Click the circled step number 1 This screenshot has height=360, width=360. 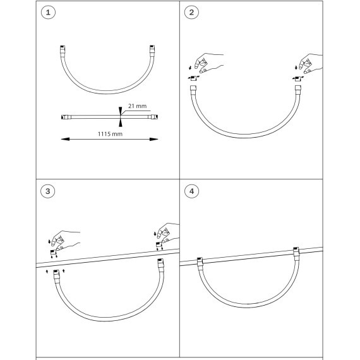[x=48, y=13]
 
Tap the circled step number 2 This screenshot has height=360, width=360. [x=191, y=13]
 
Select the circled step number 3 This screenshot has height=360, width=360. [x=48, y=191]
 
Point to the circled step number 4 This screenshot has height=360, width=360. [x=192, y=191]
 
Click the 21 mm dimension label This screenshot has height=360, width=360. [x=137, y=106]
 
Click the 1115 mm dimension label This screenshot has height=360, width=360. [x=110, y=134]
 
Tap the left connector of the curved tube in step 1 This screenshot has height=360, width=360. [x=63, y=50]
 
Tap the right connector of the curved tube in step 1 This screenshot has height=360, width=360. [x=152, y=50]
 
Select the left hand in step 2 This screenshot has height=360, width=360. [x=208, y=63]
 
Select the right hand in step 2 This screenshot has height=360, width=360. [x=311, y=63]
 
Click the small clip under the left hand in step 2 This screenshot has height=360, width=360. [x=193, y=78]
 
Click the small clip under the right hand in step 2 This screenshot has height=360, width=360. [x=297, y=79]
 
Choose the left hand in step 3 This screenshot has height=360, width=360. [x=66, y=240]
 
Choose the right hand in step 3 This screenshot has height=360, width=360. [x=168, y=232]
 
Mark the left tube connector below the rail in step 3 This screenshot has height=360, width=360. [x=56, y=274]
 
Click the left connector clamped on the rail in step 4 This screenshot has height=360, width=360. [x=200, y=261]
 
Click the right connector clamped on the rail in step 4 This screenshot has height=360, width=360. [x=296, y=252]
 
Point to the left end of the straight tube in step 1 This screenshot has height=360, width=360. [x=61, y=117]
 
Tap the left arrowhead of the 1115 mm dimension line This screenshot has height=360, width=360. [x=65, y=139]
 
